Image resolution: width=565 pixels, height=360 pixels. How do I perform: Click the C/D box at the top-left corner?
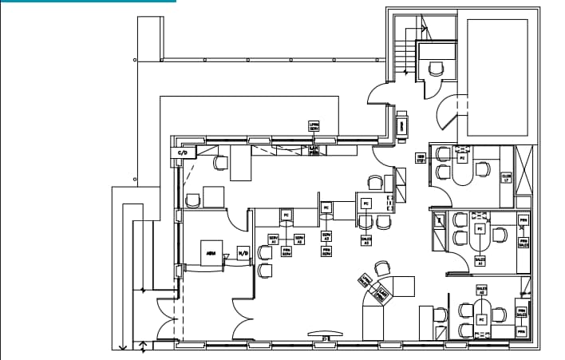[182, 152]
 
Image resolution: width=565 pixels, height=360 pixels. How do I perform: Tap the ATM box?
[211, 253]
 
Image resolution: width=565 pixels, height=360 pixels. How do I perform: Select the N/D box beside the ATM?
[243, 254]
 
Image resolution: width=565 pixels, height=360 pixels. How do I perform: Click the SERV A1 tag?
[273, 239]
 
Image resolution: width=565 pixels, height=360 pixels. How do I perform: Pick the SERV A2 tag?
[299, 239]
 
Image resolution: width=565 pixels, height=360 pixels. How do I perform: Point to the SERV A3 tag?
[326, 236]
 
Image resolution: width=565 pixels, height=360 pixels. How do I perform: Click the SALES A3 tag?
[366, 239]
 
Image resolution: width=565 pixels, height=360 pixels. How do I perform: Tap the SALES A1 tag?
[480, 260]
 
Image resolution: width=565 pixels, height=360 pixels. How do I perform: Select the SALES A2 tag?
[481, 290]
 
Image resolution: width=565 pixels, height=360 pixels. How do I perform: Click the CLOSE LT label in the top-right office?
[506, 178]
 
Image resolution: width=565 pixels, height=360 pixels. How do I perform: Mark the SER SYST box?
[421, 158]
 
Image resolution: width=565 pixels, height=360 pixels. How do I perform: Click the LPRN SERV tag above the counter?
[314, 125]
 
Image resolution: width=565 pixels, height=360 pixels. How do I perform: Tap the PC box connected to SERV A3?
[326, 208]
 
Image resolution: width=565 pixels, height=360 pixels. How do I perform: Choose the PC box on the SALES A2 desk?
[481, 318]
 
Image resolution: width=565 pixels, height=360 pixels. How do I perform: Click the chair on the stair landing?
[436, 69]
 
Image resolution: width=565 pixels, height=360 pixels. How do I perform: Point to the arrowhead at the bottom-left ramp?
[122, 346]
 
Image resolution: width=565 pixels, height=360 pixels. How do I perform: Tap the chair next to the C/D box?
[220, 162]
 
